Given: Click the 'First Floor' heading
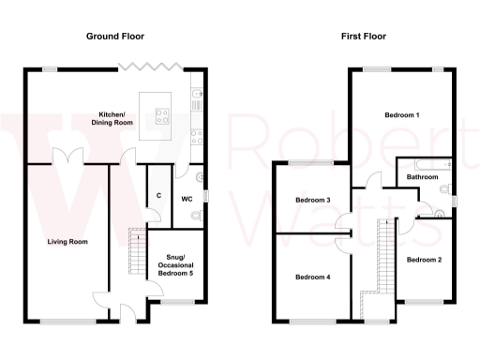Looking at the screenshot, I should point(362,36).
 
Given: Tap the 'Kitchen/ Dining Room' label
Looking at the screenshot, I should point(112,118).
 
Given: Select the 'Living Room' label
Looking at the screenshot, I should point(67,242).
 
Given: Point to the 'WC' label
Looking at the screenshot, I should point(186,199).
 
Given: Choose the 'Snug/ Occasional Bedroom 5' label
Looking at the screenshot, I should point(173,264).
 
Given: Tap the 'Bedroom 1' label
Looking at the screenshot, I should point(402,114).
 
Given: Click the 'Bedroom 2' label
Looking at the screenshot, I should point(425,260).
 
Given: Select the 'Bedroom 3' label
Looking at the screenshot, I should point(313,201).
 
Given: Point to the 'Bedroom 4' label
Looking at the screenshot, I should point(313,277).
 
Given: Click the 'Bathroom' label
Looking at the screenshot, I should point(422,177).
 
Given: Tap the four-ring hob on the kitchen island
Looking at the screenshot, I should point(160,117).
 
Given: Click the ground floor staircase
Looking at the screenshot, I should point(137,253).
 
